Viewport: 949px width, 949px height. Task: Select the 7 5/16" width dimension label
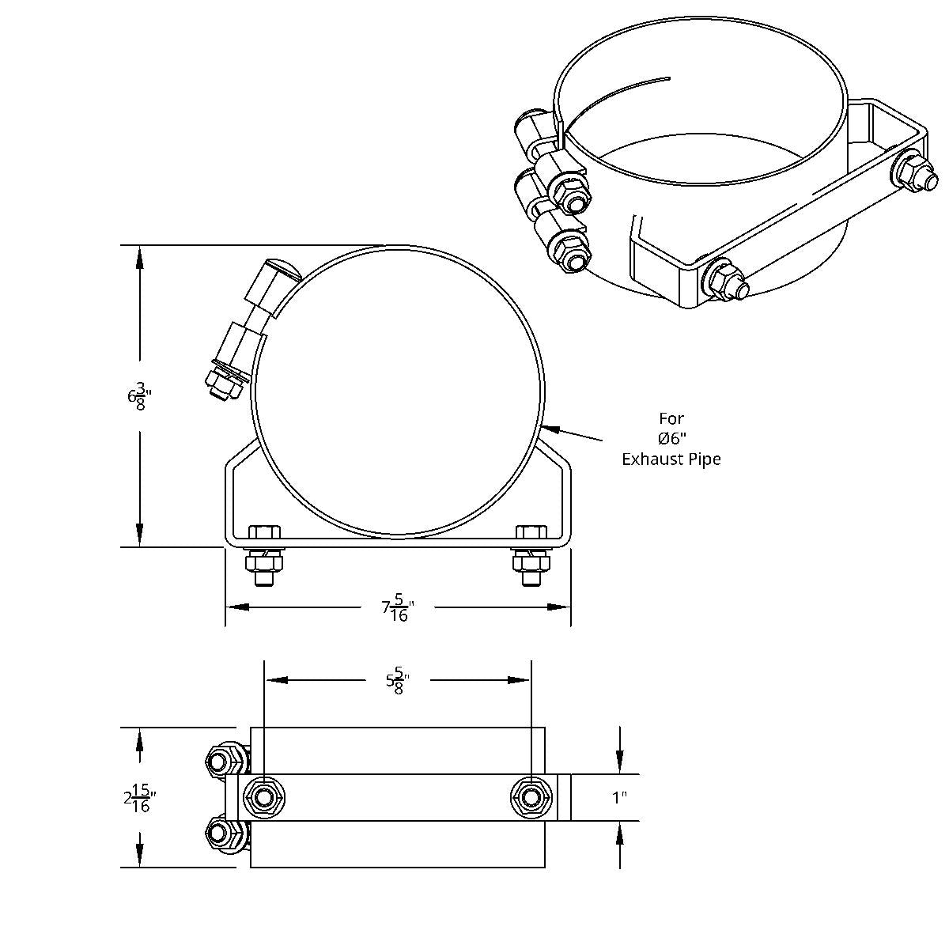[x=398, y=607]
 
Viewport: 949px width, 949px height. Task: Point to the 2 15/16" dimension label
[x=138, y=798]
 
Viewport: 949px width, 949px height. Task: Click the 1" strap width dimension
[x=620, y=798]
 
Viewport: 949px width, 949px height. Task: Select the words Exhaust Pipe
[x=671, y=459]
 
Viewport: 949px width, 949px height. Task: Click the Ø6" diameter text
[x=671, y=438]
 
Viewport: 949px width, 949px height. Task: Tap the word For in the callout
[x=671, y=418]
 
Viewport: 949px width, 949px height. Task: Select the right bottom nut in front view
[x=531, y=562]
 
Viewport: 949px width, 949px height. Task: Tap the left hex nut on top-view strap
[x=262, y=797]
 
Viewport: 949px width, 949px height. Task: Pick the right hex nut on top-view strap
[x=528, y=797]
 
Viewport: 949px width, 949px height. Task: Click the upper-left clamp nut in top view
[x=221, y=762]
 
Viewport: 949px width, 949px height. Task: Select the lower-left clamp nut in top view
[x=221, y=833]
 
